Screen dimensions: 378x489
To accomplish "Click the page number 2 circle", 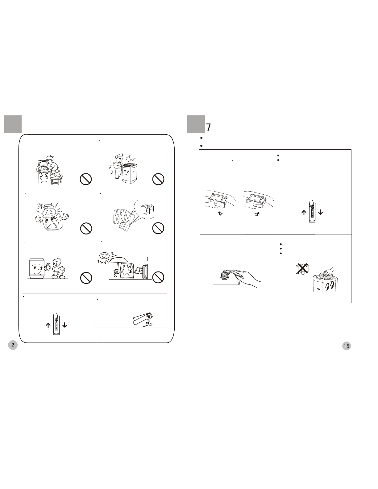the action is click(13, 345).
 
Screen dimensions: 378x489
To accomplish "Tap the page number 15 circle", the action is click(347, 346).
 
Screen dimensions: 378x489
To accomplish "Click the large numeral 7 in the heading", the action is click(209, 127).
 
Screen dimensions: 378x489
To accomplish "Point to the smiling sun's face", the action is click(104, 255).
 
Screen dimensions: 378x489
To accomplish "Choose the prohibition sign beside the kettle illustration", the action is click(86, 228).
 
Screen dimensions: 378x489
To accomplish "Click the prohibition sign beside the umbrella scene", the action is click(158, 277).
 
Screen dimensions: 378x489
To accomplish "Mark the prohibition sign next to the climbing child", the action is click(86, 179).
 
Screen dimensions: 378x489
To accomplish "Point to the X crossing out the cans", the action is click(302, 268).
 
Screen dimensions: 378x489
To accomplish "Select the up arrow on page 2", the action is click(48, 325).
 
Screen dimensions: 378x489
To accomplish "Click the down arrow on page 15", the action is click(320, 212).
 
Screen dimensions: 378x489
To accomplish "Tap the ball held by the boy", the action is click(61, 269).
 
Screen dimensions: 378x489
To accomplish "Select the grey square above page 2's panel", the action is click(13, 124).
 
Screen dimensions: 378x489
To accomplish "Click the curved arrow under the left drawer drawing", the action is click(220, 213).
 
